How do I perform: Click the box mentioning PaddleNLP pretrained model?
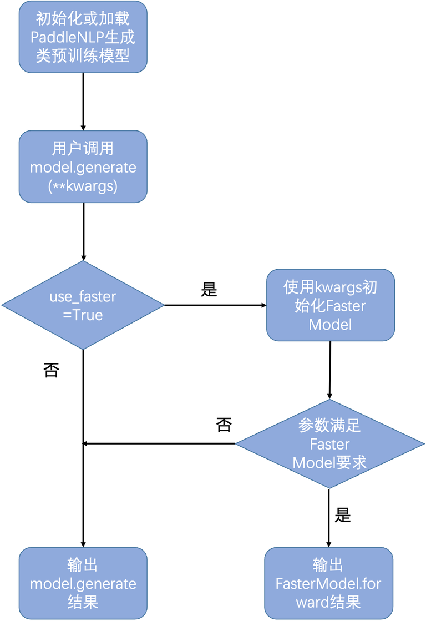[x=83, y=37]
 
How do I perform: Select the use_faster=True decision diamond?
[x=83, y=305]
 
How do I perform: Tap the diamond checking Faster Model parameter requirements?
[x=330, y=444]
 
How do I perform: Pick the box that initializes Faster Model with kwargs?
[x=331, y=305]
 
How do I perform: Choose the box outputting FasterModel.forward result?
[x=329, y=583]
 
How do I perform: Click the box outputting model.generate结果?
[x=83, y=583]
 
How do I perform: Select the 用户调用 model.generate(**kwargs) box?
[x=83, y=167]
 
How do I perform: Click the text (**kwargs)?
[x=83, y=186]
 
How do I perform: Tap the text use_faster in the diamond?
[x=83, y=296]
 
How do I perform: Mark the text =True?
[x=83, y=315]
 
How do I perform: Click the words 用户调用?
[x=83, y=149]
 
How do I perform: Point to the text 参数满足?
[x=330, y=426]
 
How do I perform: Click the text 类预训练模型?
[x=83, y=56]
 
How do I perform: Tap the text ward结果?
[x=329, y=602]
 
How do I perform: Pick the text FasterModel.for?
[x=329, y=584]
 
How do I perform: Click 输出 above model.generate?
[x=83, y=565]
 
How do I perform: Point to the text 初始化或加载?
[x=83, y=19]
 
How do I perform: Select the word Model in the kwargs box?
[x=331, y=324]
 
